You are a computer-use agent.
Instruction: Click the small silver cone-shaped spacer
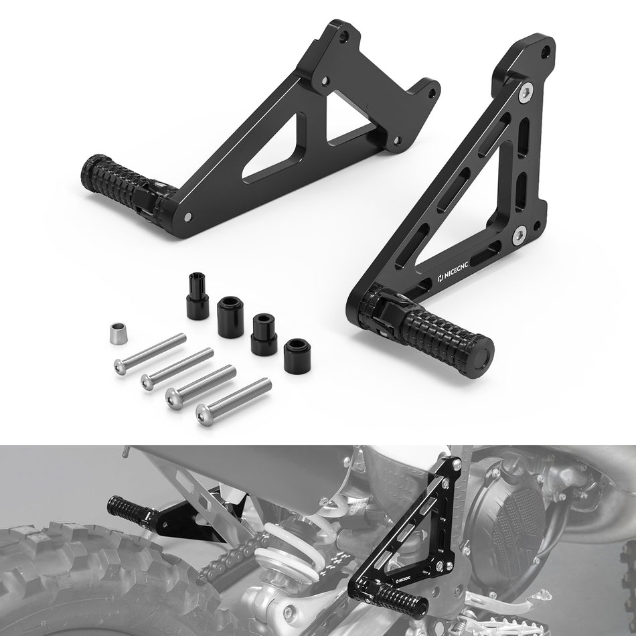coord(118,333)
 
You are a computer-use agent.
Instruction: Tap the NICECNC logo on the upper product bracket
coord(453,272)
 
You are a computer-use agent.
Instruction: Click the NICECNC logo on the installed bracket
coord(403,578)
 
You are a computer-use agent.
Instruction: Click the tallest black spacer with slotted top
coord(197,296)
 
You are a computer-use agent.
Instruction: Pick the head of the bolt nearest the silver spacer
coord(120,367)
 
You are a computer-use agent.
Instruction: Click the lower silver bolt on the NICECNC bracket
coord(519,236)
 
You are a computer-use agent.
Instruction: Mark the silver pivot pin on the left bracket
coord(188,217)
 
